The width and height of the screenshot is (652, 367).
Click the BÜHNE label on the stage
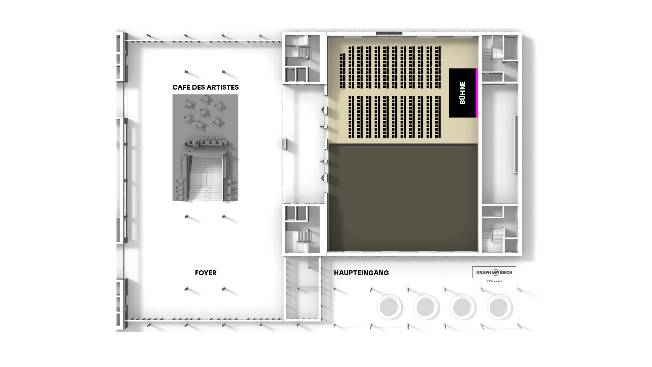tap(462, 93)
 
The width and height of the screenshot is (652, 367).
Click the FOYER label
tap(206, 273)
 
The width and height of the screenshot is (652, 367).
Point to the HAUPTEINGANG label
tap(361, 273)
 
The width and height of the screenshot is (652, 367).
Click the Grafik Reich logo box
tap(494, 272)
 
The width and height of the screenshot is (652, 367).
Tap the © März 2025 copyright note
tap(494, 281)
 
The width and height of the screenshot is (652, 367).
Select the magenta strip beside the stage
tap(477, 93)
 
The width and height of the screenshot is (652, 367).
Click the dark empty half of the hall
tap(403, 198)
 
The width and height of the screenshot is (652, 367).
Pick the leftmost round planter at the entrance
tap(389, 307)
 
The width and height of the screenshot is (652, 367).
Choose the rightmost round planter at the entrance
tap(499, 307)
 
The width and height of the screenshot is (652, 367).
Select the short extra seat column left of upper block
tap(342, 71)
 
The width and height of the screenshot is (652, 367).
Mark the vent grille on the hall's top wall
tap(389, 33)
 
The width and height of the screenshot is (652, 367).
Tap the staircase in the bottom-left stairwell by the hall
tap(303, 239)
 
